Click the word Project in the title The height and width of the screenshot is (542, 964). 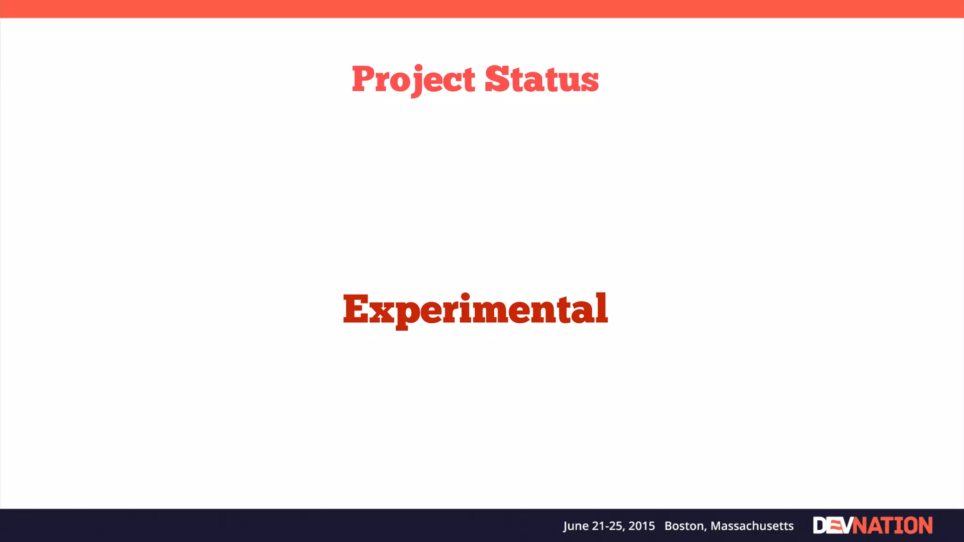coord(413,79)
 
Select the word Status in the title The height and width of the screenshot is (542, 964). coord(541,79)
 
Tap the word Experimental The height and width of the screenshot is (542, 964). coord(475,309)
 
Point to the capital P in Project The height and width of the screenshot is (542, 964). coord(363,79)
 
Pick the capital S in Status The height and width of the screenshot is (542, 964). coord(498,79)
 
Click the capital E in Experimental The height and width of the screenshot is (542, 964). coord(356,309)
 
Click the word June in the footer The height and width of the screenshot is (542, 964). coord(575,526)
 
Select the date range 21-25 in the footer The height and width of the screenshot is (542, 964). coord(608,526)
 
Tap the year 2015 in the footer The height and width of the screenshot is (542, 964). coord(642,526)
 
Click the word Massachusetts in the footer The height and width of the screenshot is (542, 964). coord(752,526)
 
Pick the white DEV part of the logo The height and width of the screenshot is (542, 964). coord(832,526)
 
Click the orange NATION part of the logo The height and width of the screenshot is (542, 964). coord(892,526)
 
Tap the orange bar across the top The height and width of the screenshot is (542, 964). coord(482,8)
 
